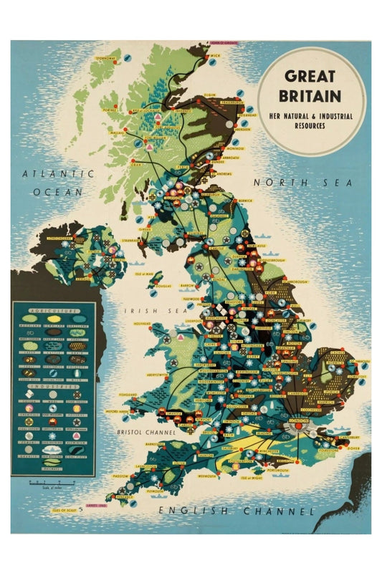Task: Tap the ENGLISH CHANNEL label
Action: click(237, 511)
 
